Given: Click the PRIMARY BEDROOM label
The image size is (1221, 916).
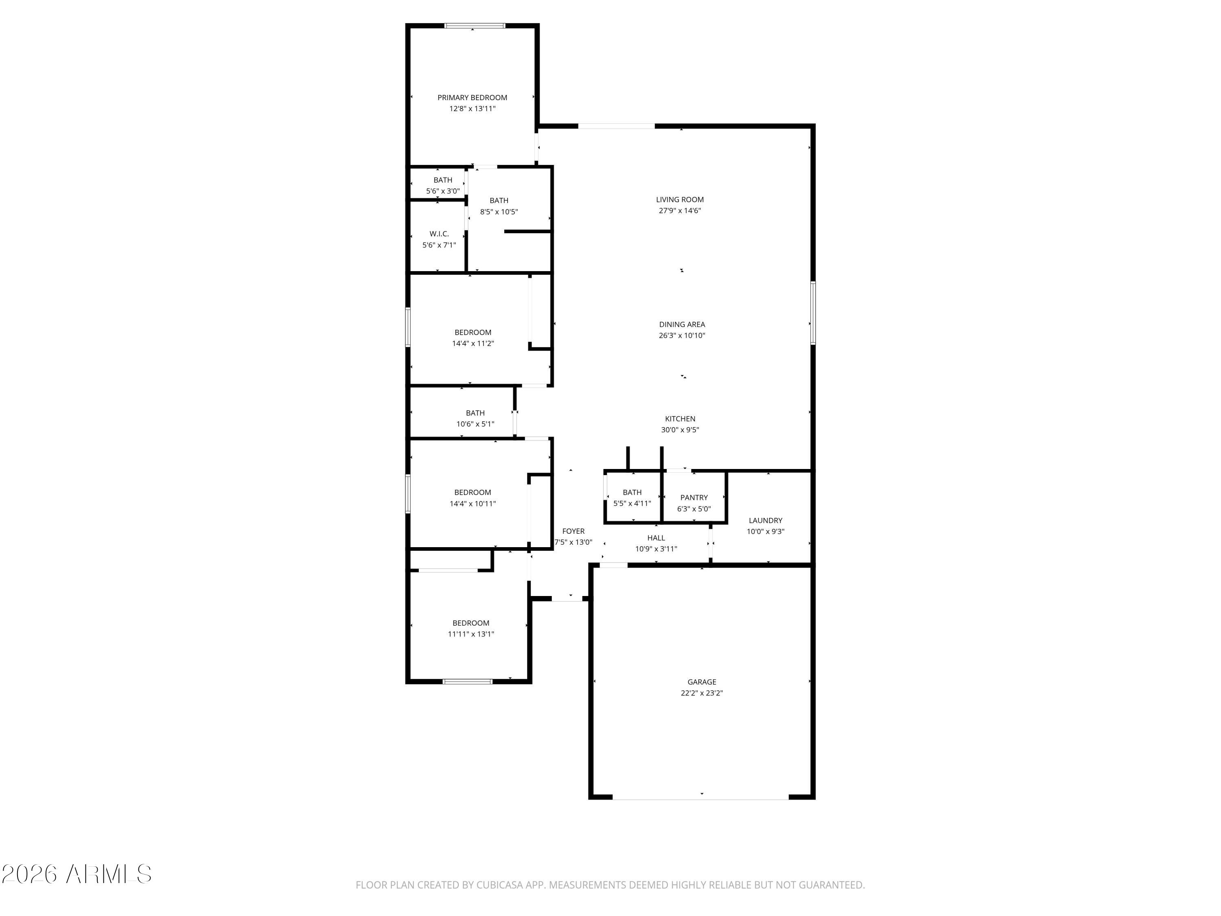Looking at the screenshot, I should click(x=472, y=98).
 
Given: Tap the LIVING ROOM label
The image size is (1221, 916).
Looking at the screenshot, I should click(x=680, y=199).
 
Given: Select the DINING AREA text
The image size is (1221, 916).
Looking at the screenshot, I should click(x=682, y=324).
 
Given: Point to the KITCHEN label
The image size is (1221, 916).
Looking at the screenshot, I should click(x=680, y=419).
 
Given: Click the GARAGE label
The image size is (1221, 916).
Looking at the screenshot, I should click(x=702, y=682).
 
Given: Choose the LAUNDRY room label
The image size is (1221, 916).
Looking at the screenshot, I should click(x=765, y=520).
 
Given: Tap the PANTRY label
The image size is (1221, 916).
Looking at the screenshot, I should click(x=694, y=497).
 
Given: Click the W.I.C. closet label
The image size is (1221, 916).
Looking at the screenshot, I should click(x=439, y=234).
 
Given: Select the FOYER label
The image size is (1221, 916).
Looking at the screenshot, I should click(x=573, y=531).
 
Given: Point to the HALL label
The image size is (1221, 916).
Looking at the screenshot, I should click(x=656, y=538).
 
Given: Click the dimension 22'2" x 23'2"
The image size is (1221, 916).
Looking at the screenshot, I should click(x=702, y=693).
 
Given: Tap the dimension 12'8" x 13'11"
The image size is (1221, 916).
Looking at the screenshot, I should click(x=472, y=109).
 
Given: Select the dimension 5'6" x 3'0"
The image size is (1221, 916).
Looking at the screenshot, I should click(x=443, y=191).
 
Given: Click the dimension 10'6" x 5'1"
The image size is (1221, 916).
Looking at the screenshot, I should click(x=475, y=424).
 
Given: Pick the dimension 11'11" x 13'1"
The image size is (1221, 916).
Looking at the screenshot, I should click(x=470, y=634).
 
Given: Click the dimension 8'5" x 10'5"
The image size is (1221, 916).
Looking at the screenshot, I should click(x=499, y=211).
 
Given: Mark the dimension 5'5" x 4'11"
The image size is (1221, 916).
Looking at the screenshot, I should click(x=632, y=504).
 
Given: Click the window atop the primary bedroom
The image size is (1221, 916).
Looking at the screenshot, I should click(x=475, y=25).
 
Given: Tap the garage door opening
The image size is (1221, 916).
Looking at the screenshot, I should click(x=700, y=797).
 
